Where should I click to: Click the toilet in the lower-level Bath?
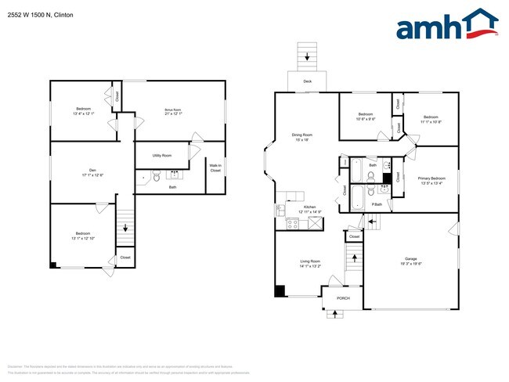click(155, 178)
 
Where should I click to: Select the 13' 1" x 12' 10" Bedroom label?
click(83, 236)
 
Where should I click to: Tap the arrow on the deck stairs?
click(307, 56)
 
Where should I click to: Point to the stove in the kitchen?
click(293, 224)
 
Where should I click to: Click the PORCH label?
click(343, 298)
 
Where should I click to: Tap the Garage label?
click(411, 260)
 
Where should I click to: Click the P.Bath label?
click(377, 204)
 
